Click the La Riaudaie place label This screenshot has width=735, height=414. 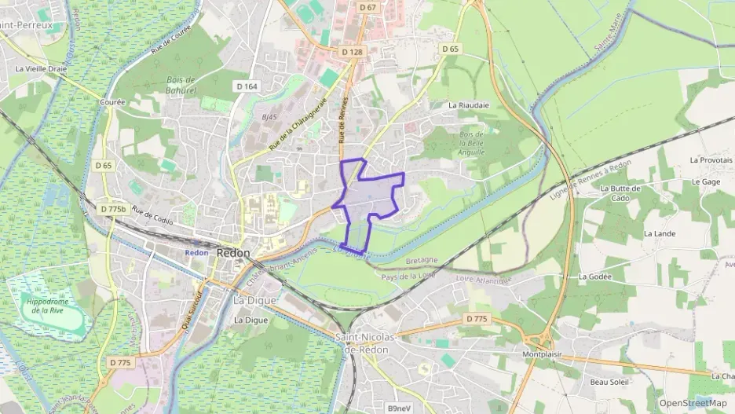coord(468,104)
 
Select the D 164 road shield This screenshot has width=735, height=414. coord(247,86)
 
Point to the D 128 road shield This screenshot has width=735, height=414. coord(353,52)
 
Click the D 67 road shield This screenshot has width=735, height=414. coord(367,7)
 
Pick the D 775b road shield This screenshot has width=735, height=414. coord(114,209)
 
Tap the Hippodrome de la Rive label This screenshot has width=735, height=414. coord(48,306)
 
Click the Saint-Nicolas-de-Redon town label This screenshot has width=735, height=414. coord(367,343)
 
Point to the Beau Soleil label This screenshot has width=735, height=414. coord(610,382)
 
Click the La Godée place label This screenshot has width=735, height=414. coord(594,277)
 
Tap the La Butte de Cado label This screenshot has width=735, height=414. coord(620,192)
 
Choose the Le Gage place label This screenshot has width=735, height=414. coord(706,181)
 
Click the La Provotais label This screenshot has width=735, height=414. coord(711,159)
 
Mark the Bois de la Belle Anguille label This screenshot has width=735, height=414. coord(472,143)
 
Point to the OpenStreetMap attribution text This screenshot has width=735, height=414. coord(693,403)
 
